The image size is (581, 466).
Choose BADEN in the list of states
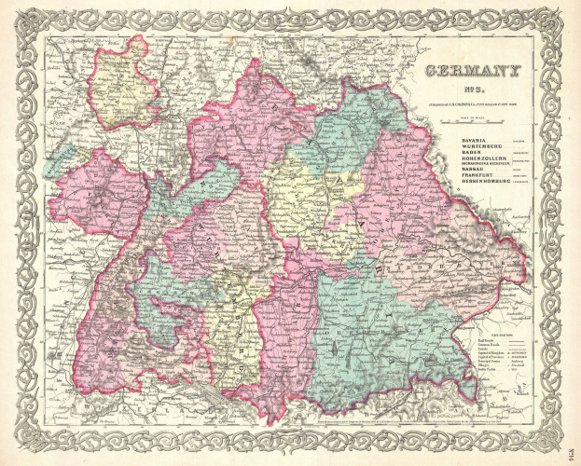(447, 154)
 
